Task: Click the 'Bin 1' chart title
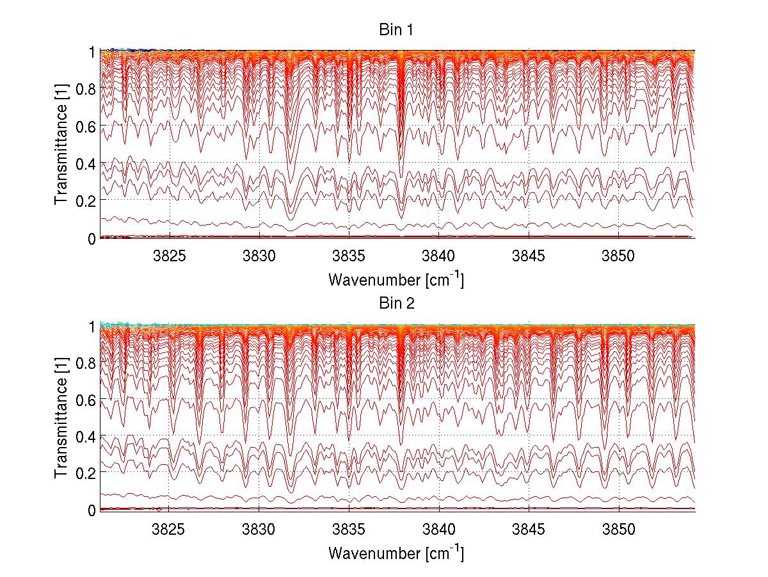(397, 31)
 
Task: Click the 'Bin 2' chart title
(397, 303)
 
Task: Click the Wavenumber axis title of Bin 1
(396, 279)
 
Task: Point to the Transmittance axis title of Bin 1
(61, 145)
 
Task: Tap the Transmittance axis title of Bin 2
(61, 418)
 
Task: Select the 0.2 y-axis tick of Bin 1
(85, 200)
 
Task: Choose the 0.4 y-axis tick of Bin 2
(85, 436)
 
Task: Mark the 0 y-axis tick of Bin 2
(92, 510)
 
